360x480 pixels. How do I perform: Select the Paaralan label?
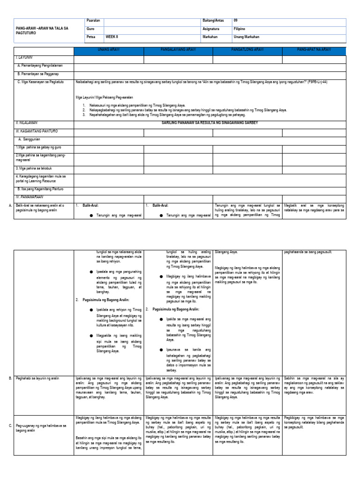[94, 21]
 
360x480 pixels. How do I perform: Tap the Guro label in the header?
[91, 29]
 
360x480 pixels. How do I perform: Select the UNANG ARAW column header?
[108, 50]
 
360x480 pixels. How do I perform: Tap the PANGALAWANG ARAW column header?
[178, 50]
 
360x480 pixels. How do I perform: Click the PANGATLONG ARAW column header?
[247, 50]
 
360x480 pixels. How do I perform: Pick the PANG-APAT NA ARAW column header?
[314, 50]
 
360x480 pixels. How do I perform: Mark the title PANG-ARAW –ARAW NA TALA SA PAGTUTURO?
[42, 31]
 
